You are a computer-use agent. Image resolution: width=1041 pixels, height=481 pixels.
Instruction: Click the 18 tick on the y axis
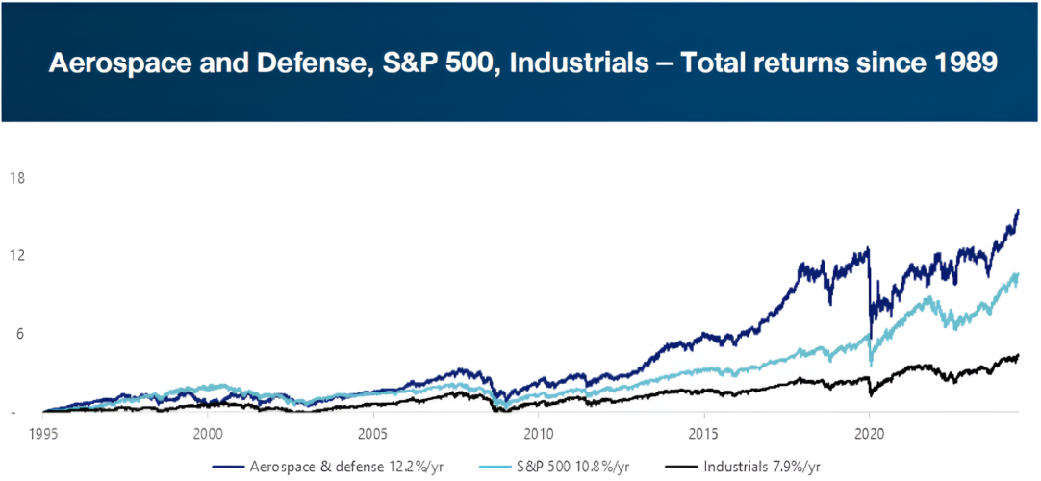pos(17,178)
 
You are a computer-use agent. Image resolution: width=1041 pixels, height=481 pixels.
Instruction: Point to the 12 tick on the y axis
pos(17,256)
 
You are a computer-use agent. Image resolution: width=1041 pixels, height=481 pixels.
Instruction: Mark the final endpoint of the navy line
pos(1018,211)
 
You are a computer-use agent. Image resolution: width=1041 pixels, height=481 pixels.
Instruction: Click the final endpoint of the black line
pos(1018,356)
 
